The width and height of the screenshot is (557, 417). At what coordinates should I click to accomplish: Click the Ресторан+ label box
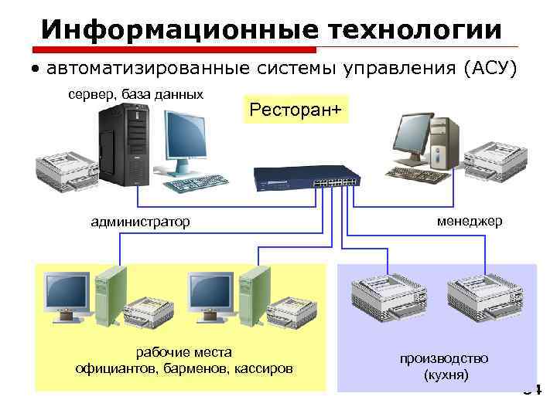click(x=295, y=110)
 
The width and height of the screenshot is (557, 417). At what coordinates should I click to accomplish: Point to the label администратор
click(x=140, y=222)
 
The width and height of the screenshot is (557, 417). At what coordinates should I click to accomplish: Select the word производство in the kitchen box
click(x=444, y=359)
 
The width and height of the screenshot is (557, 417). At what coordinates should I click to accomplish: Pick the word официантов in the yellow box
click(x=117, y=368)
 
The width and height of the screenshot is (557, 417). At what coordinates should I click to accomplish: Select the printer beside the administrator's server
click(x=63, y=171)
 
